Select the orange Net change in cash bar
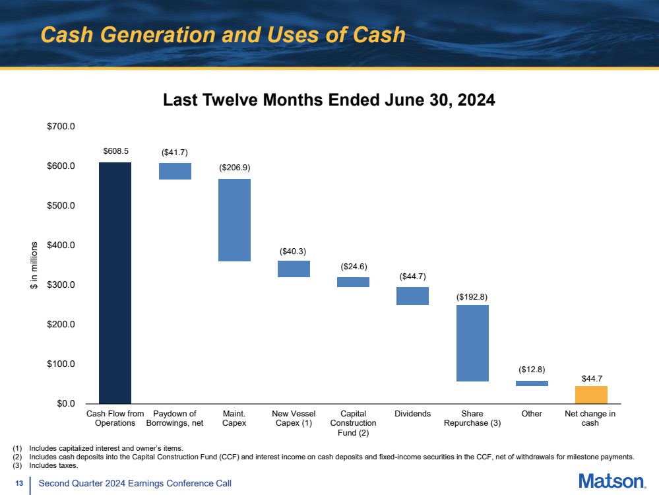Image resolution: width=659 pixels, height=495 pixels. (x=591, y=394)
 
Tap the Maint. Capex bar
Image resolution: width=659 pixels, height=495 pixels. (x=234, y=220)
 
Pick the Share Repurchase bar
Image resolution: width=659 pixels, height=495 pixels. (x=472, y=343)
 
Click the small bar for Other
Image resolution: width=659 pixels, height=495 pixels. (x=532, y=383)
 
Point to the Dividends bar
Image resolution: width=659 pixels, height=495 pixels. (x=413, y=296)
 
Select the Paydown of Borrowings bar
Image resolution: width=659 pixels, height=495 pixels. (x=175, y=171)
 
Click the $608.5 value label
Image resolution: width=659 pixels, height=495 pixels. (x=115, y=150)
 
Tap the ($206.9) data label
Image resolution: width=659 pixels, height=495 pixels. (x=235, y=168)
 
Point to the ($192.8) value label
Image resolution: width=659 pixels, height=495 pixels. (x=472, y=297)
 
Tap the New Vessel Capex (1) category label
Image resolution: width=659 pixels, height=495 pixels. (x=294, y=418)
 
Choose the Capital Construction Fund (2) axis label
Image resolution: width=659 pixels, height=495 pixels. (x=354, y=423)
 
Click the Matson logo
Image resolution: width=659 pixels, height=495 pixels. (x=612, y=481)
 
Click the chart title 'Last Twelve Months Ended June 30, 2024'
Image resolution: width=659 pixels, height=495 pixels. (x=329, y=100)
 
